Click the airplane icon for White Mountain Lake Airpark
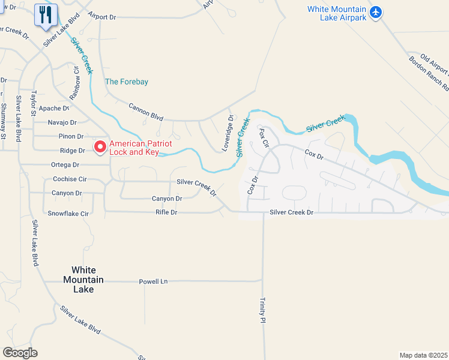point(376,12)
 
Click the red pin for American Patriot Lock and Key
point(100,146)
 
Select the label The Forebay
point(127,82)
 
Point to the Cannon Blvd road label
point(146,111)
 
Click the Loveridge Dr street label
point(228,133)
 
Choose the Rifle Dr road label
point(166,212)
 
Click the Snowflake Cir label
point(68,214)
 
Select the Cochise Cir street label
point(70,179)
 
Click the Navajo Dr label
point(62,122)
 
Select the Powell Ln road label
point(153,281)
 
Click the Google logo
point(20,353)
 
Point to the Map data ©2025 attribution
point(423,355)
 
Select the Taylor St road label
point(35,104)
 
